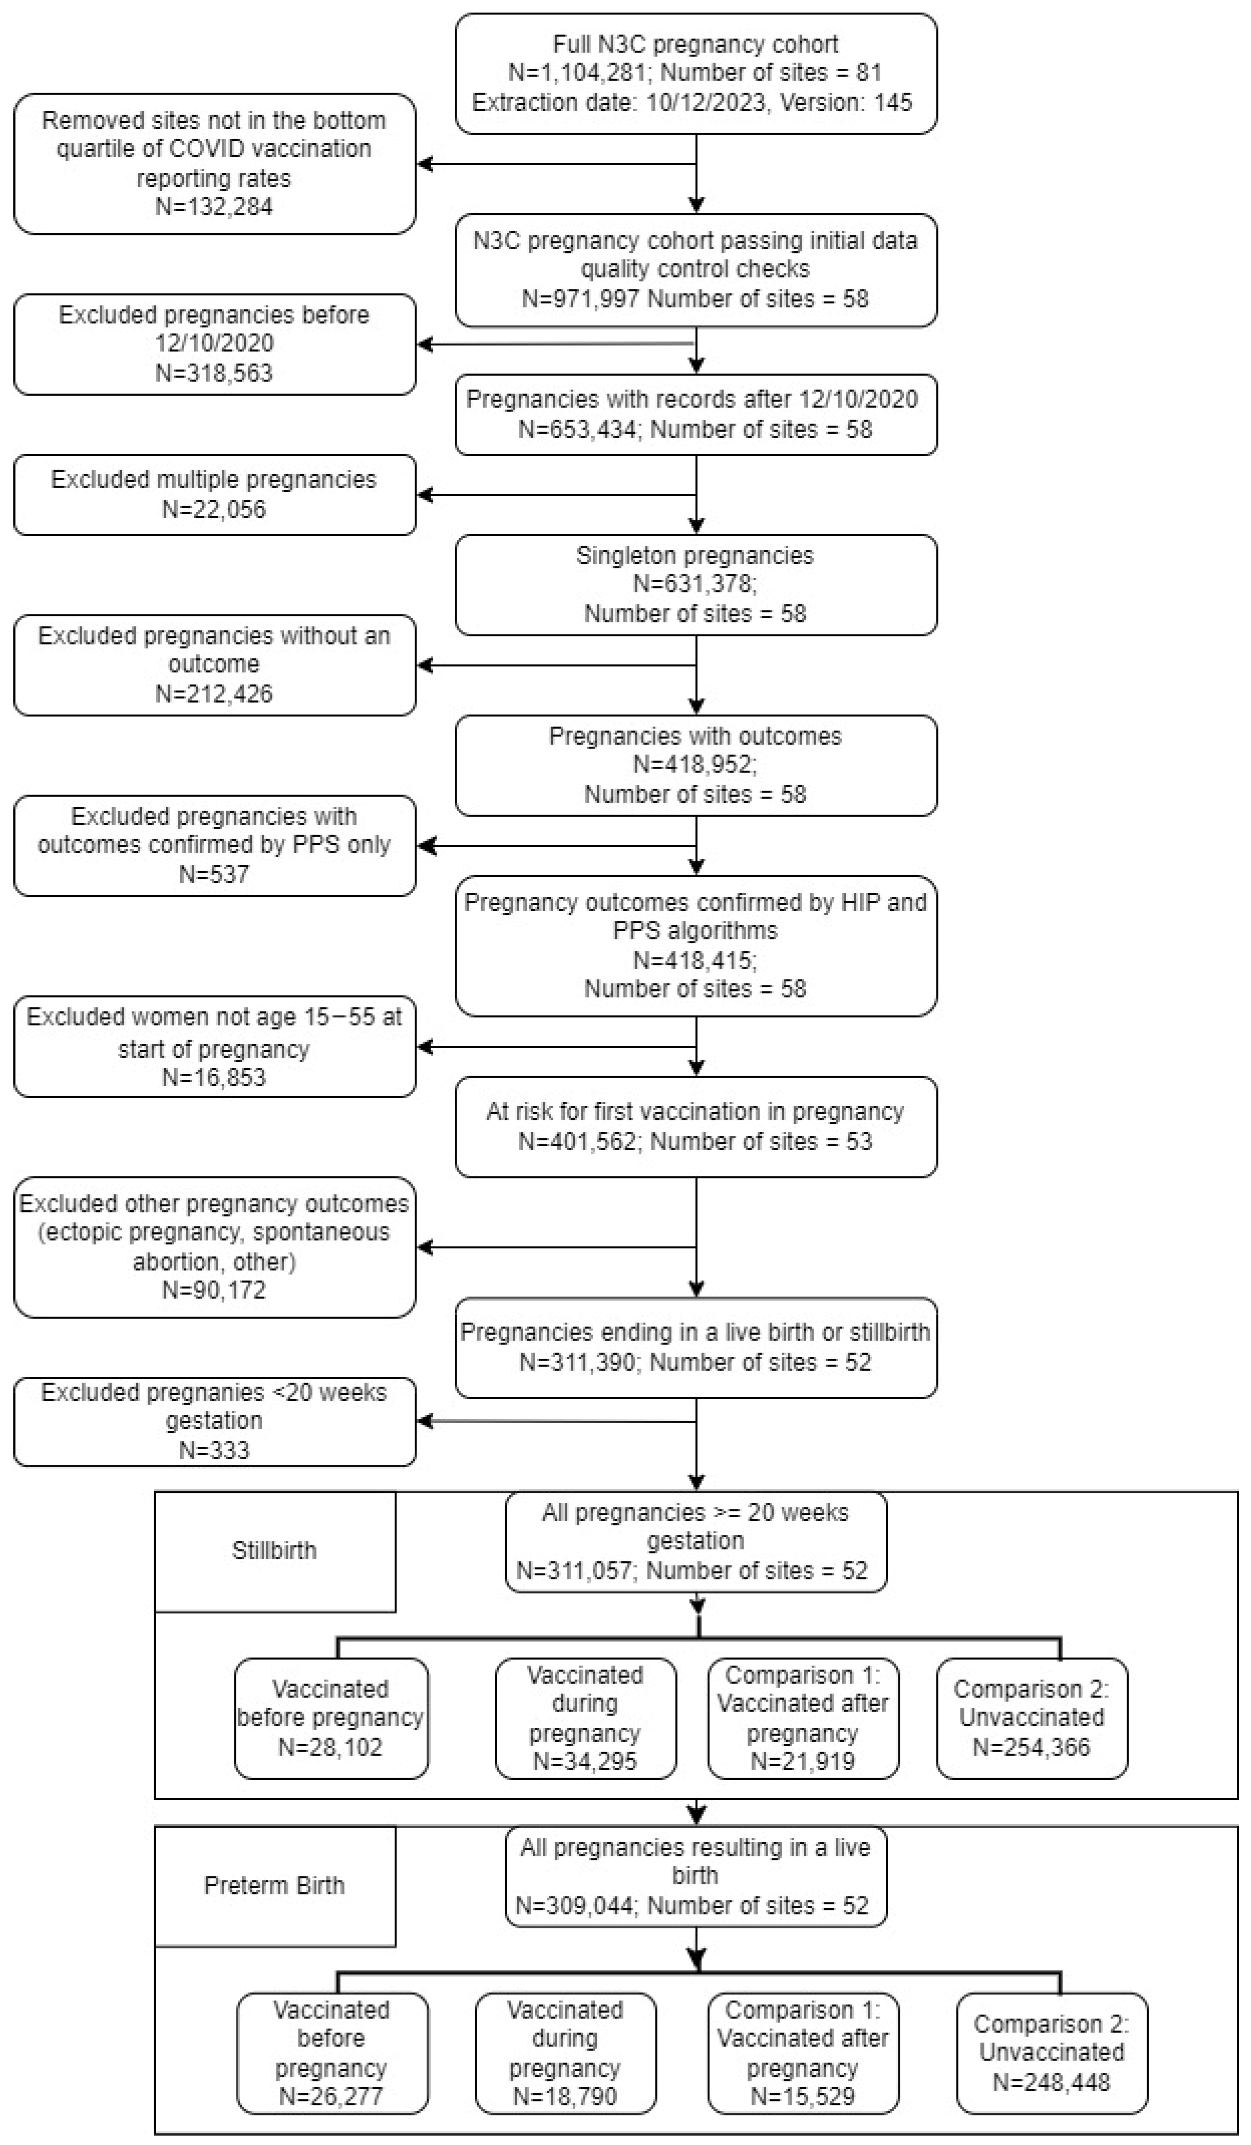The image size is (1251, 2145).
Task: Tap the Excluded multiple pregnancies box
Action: (x=214, y=495)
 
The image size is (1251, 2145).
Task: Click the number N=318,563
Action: (x=214, y=373)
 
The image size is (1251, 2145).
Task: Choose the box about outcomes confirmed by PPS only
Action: (x=214, y=845)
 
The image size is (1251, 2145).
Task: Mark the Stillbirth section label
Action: (x=274, y=1551)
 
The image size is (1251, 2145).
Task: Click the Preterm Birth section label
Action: (x=274, y=1886)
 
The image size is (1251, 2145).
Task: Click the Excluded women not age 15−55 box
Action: (x=214, y=1047)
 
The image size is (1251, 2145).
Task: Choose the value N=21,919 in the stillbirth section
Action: (x=802, y=1761)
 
